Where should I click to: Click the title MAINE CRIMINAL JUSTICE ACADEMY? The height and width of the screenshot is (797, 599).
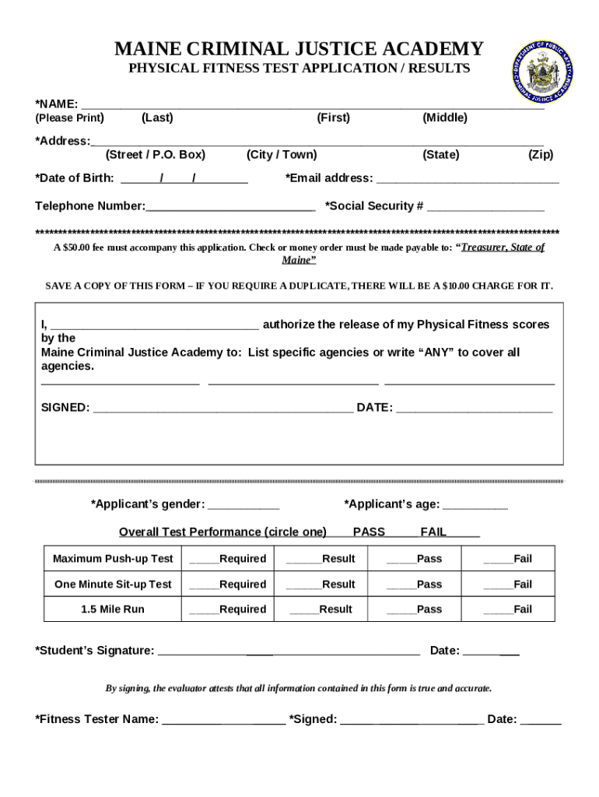[x=299, y=49]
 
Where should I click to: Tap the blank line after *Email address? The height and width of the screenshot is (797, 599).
[x=468, y=179]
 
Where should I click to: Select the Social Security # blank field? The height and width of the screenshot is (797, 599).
[x=485, y=207]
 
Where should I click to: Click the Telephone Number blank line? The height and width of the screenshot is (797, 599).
[x=230, y=207]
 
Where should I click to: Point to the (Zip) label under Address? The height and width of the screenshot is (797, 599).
[x=541, y=155]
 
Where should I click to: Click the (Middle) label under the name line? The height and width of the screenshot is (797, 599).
[x=445, y=118]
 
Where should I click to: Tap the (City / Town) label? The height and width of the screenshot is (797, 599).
[x=282, y=155]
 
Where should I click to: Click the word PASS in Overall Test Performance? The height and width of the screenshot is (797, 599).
[x=369, y=532]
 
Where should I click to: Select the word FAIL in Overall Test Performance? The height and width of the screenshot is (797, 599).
[x=433, y=532]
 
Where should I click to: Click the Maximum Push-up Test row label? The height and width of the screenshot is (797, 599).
[x=113, y=559]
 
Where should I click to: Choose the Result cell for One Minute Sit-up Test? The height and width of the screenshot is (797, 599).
[x=321, y=585]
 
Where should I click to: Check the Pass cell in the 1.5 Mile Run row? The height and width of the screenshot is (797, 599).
[x=414, y=609]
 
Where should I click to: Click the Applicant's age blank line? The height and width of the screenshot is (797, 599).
[x=475, y=506]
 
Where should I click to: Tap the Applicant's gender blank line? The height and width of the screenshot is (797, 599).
[x=243, y=506]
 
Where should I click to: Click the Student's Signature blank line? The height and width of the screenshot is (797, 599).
[x=289, y=652]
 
